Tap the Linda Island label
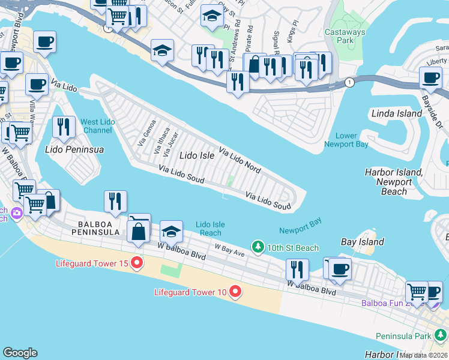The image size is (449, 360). [x=397, y=113]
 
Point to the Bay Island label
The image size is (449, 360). [x=362, y=242]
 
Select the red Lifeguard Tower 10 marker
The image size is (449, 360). [x=235, y=292]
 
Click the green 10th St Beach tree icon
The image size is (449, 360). [x=258, y=247]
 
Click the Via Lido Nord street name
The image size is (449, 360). [x=239, y=160]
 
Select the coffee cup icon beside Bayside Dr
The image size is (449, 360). [x=430, y=77]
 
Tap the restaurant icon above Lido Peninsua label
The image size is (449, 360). [x=64, y=127]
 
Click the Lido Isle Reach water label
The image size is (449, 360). [x=210, y=229]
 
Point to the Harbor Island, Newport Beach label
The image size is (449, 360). [x=394, y=182]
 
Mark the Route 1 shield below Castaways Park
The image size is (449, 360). [x=348, y=82]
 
